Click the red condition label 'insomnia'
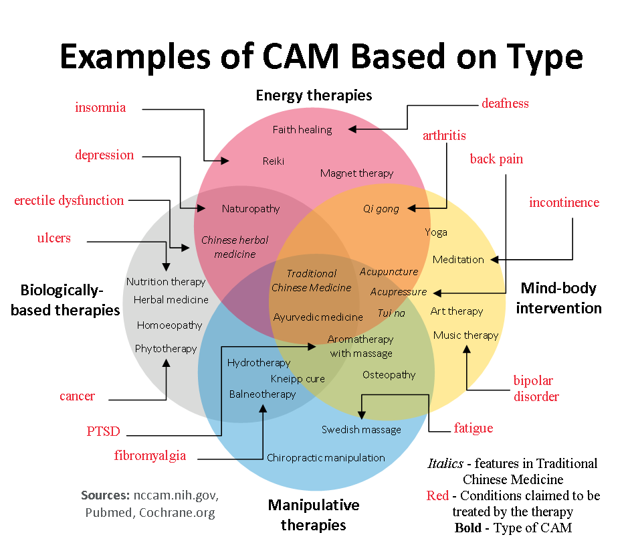100,107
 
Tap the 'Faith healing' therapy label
302,129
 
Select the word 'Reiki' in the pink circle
274,161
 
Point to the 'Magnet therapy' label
356,173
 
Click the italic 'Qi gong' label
381,209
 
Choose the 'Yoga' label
436,232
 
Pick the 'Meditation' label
458,260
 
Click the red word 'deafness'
505,103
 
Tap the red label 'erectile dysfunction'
69,200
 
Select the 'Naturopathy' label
251,209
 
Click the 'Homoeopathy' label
169,325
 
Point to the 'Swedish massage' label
361,430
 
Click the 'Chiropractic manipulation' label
326,458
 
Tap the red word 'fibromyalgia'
150,456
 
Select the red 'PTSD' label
103,431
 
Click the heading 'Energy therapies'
314,95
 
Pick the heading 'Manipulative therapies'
314,514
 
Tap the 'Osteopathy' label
389,375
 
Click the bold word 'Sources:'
105,496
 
